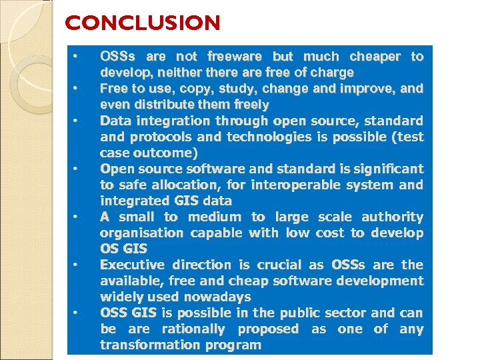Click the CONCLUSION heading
[142, 24]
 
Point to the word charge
[331, 73]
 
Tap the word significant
[381, 169]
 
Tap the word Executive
[133, 265]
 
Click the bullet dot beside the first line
[77, 55]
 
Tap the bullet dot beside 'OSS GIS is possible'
[77, 311]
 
